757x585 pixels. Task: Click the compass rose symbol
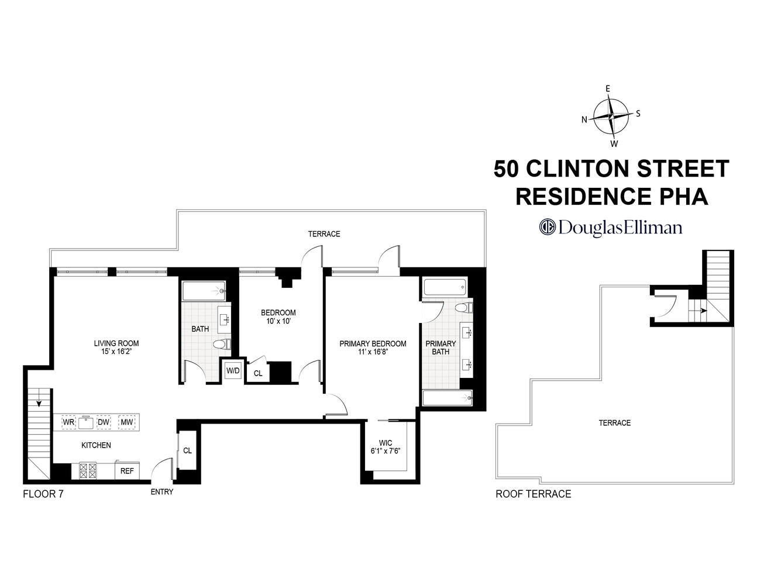coord(611,116)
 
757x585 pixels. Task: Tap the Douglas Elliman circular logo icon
coord(547,227)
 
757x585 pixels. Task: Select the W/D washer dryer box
coord(233,371)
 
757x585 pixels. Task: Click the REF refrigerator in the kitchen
coord(127,470)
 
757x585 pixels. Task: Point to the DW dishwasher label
coord(104,422)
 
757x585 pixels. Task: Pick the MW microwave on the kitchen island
coord(126,422)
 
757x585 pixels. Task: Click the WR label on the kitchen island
coord(68,422)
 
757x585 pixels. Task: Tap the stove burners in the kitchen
coord(88,470)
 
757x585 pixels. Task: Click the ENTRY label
coord(162,492)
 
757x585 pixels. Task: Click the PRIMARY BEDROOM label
coord(373,343)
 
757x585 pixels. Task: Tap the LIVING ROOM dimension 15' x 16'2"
coord(116,352)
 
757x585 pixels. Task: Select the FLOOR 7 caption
coord(43,494)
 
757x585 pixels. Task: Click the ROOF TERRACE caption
coord(533,494)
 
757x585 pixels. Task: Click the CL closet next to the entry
coord(187,450)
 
